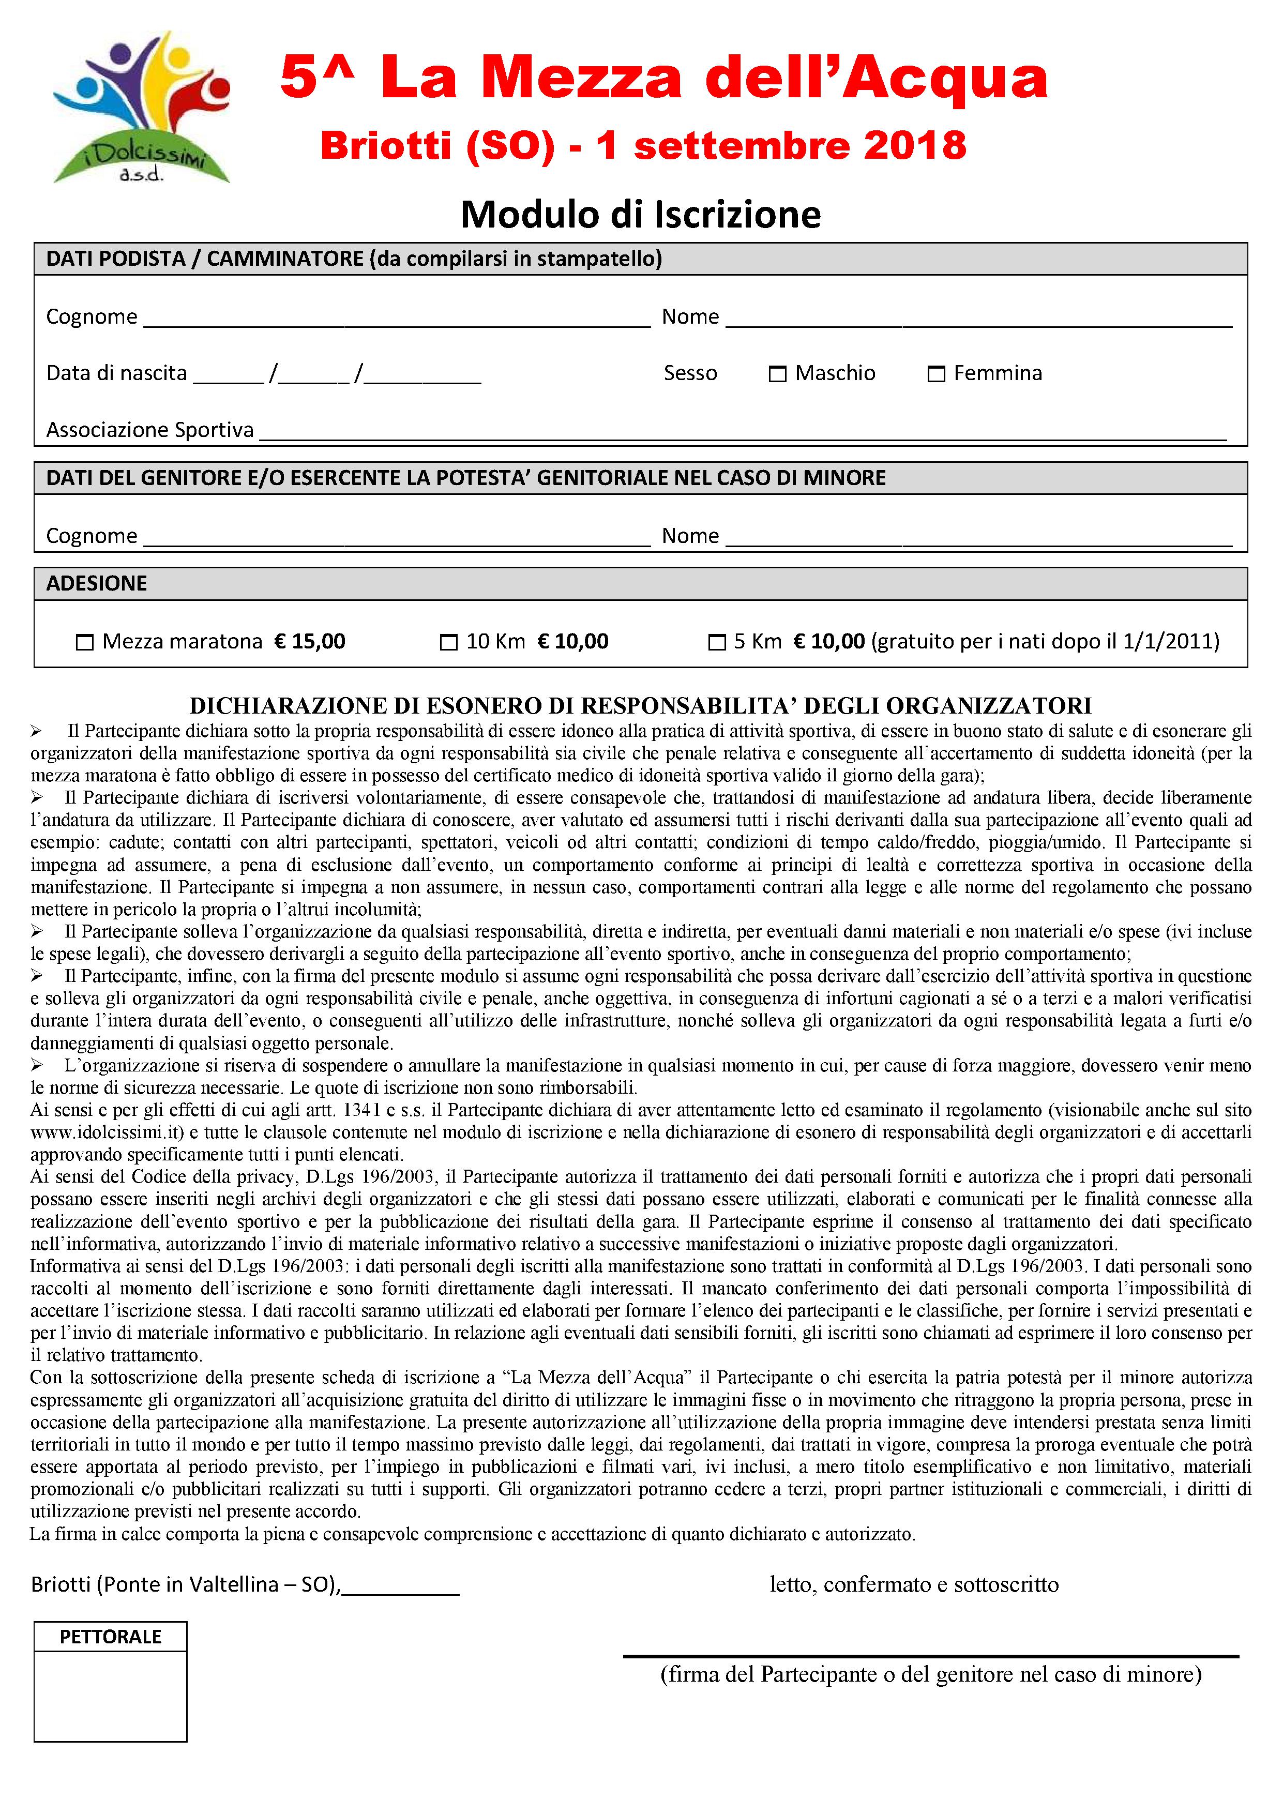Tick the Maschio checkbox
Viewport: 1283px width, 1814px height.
pos(777,374)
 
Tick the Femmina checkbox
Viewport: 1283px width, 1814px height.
pos(936,374)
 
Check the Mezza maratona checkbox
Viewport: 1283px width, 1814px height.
pos(84,642)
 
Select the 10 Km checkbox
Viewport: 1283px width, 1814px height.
pos(449,642)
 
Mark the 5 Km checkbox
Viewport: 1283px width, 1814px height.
pos(717,642)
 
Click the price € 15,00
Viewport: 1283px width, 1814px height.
pos(310,641)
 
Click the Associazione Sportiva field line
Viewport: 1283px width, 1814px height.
pos(743,436)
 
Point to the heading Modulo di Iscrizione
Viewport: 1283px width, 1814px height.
pos(641,214)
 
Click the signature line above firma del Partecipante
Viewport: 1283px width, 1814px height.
pos(931,1655)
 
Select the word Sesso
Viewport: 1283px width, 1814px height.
pos(690,373)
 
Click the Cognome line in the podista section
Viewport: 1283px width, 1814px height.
pos(397,323)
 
